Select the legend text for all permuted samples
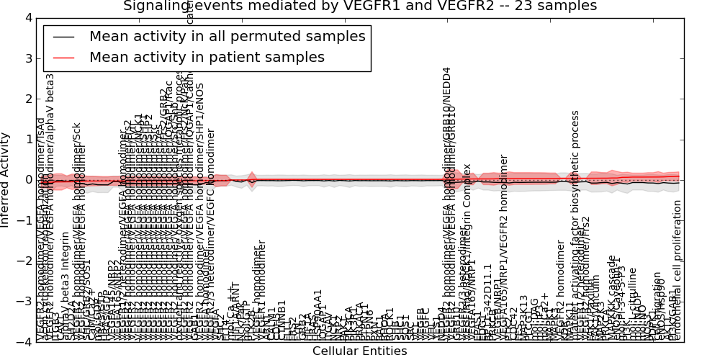tap(227, 36)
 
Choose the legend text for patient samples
tap(207, 57)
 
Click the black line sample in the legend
tap(63, 36)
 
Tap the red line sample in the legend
tap(63, 57)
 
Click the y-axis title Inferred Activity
tap(6, 180)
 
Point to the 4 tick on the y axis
tap(27, 17)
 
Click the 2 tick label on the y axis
tap(27, 99)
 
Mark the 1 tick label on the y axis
tap(27, 139)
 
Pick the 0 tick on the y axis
tap(27, 180)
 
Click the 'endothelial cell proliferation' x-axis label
tap(677, 270)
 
